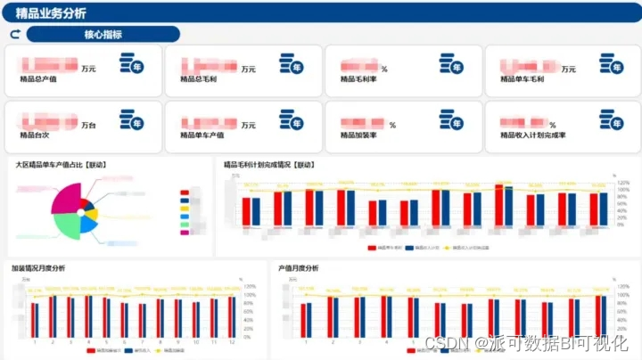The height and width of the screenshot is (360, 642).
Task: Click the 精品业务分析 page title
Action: point(52,12)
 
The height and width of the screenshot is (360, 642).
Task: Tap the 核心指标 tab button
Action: point(103,35)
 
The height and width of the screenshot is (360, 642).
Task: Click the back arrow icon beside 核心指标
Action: point(14,35)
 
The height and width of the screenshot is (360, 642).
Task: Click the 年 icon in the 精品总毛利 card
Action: point(292,64)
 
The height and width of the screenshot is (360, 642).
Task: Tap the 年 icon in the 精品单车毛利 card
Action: point(612,64)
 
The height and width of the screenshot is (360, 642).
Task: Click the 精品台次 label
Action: point(32,136)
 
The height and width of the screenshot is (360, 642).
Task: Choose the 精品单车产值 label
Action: point(202,136)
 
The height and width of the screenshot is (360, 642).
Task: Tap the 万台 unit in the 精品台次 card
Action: point(89,126)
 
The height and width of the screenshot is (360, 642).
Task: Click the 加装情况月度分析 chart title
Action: point(37,268)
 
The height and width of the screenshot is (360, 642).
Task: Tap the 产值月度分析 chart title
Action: point(299,268)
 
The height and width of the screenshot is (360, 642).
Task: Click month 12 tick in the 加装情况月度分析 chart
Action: point(230,340)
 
